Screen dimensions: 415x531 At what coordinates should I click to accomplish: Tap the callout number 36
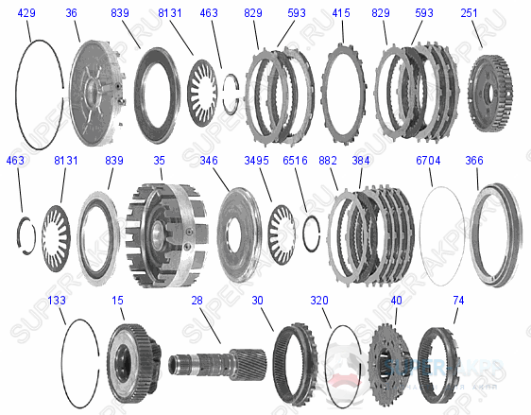pos(72,13)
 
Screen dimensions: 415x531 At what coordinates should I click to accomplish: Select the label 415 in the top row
pos(341,13)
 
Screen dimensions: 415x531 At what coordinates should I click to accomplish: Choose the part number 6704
pos(428,162)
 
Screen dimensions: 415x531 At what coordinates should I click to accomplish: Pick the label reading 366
pos(474,162)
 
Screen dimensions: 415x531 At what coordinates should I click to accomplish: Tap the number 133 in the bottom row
pos(57,300)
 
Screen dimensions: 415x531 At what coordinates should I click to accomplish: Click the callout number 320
pos(319,300)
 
